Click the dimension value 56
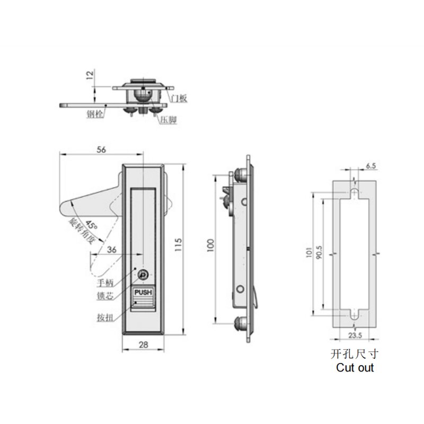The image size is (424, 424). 102,149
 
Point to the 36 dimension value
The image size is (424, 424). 111,250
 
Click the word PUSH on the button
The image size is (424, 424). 143,291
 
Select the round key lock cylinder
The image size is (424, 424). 144,275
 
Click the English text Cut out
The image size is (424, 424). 355,367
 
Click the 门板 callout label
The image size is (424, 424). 179,98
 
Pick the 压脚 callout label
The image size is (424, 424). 166,121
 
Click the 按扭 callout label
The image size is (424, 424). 104,319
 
